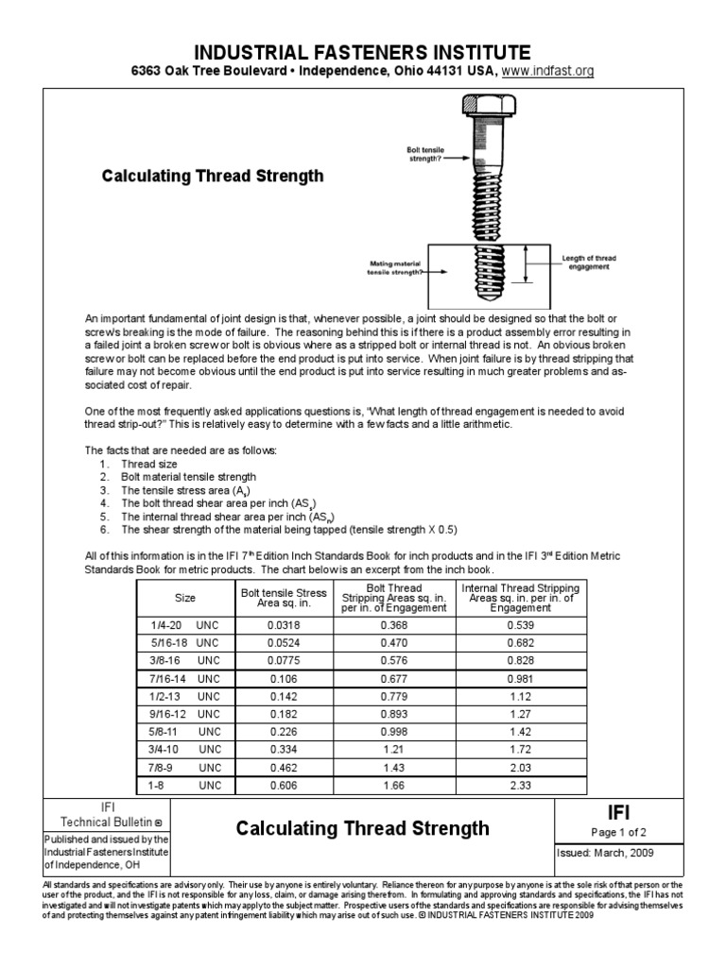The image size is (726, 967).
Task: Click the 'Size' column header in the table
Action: pos(185,598)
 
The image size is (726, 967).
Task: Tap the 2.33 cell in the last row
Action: pos(521,784)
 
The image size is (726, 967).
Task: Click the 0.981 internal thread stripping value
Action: pos(521,678)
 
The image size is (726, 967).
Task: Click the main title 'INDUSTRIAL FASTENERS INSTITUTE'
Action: pos(363,51)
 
